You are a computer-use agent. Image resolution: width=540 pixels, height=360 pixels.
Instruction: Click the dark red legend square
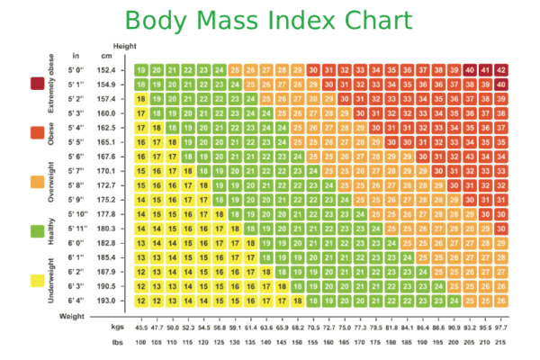[38, 83]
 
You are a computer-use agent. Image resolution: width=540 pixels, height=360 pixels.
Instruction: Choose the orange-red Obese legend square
[38, 132]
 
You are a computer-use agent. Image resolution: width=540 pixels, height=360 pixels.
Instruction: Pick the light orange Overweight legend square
[38, 182]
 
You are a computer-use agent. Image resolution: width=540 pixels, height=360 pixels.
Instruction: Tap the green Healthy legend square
[38, 231]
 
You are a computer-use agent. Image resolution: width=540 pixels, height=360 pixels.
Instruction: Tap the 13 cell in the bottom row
[157, 301]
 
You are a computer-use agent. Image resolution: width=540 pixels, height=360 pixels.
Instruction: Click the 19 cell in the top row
[141, 69]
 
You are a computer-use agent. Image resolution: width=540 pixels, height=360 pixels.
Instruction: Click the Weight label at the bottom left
[72, 317]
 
